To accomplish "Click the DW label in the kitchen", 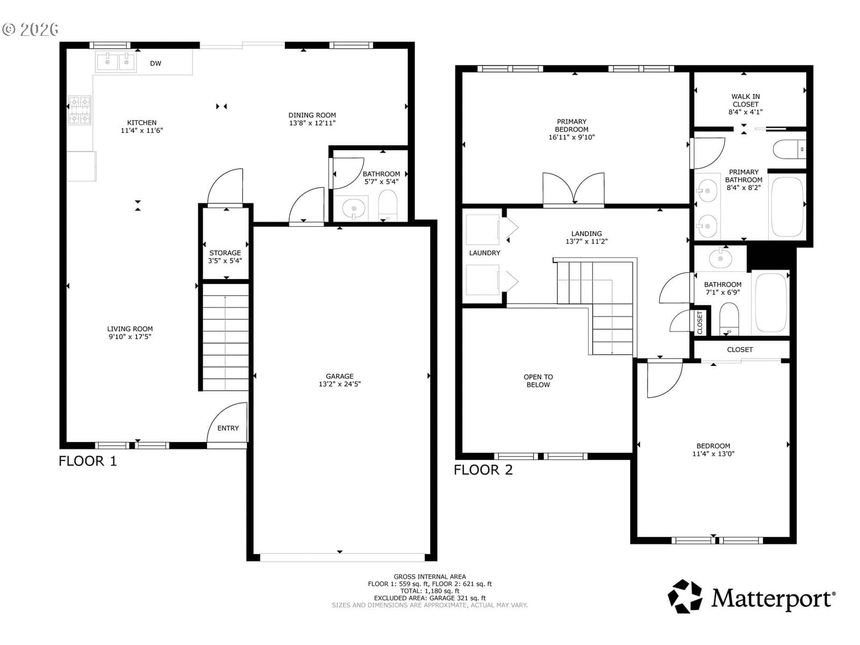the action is (x=155, y=63).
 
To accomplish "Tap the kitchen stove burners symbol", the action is (x=80, y=110).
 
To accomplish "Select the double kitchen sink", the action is (x=116, y=62).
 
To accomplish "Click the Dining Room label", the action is (x=312, y=115).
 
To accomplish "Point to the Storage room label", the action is (x=225, y=253).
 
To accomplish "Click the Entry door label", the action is (x=228, y=428).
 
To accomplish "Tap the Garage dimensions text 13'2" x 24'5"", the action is (x=340, y=384).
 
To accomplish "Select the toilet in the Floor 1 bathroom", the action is (x=388, y=206).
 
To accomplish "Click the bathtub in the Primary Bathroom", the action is (x=787, y=207).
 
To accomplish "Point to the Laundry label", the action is (x=485, y=253).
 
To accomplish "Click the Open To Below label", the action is (x=539, y=381).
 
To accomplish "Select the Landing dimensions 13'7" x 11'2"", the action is (x=586, y=242).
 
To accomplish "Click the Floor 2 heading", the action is (x=483, y=470).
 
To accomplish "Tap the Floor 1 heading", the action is (x=88, y=461).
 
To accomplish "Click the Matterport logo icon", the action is (x=685, y=597).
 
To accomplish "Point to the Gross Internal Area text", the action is (x=430, y=576).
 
